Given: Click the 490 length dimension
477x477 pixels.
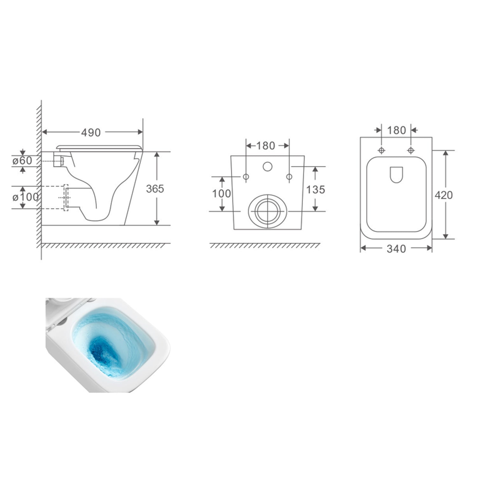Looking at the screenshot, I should (91, 132).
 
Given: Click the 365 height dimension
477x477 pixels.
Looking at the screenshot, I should (155, 189).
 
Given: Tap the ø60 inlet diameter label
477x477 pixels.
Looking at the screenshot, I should (22, 161).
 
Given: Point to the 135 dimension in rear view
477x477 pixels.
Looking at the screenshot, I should (315, 190).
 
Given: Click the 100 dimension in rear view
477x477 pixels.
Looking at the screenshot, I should (221, 193).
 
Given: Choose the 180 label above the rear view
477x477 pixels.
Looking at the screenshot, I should (266, 146).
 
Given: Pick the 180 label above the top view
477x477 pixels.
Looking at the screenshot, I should (397, 130).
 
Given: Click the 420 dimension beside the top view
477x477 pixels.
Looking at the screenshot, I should (444, 195).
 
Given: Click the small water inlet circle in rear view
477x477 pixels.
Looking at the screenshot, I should (268, 166).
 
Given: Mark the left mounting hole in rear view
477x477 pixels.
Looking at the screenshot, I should (246, 176).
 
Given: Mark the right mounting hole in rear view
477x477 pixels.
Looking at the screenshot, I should (289, 176).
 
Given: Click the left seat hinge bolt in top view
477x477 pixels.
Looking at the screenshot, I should (382, 150).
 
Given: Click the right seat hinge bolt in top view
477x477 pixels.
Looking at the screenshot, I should (411, 150).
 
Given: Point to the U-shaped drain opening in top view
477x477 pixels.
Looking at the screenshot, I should (396, 175).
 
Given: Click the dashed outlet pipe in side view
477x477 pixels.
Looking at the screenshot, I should (66, 197).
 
